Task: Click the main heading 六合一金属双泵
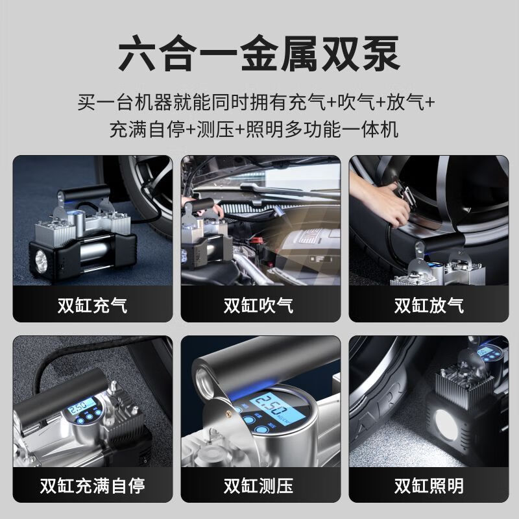pos(259,54)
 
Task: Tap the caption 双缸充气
pos(92,305)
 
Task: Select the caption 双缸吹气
pos(258,305)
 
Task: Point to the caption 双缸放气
pos(429,305)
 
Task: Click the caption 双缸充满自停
pos(92,486)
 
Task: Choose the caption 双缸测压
pos(258,486)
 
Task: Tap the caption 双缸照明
pos(429,486)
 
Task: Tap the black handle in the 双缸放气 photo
pos(441,245)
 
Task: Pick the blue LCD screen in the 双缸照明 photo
pos(486,351)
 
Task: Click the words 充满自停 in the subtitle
pos(147,129)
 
